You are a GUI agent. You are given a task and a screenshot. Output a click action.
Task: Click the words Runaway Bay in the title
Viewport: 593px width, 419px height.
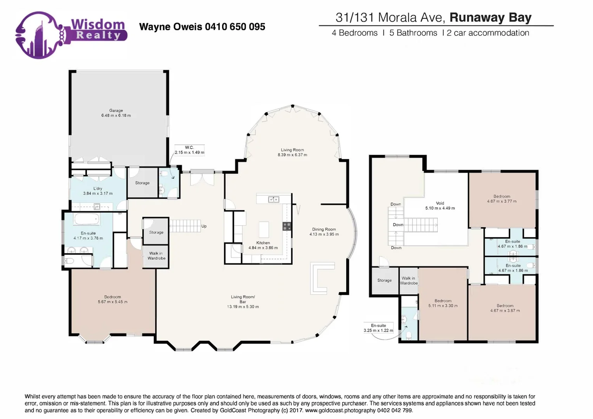490,17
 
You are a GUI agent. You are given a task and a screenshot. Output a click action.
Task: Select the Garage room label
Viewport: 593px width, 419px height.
116,111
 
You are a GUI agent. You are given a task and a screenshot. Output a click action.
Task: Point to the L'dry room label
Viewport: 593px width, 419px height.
98,189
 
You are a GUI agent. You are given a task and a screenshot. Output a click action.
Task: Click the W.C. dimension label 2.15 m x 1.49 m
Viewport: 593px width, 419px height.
189,152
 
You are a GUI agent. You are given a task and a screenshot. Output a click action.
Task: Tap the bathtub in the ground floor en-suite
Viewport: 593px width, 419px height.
87,220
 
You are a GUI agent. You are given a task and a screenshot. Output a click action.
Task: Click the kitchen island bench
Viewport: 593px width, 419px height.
264,229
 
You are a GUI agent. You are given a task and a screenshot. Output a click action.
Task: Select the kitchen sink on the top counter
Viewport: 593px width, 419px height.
274,199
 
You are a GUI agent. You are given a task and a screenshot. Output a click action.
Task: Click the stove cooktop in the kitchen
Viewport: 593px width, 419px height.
287,226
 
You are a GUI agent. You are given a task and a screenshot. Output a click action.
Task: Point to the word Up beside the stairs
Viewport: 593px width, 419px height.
204,226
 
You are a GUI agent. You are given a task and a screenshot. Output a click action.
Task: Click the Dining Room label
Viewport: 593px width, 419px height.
324,229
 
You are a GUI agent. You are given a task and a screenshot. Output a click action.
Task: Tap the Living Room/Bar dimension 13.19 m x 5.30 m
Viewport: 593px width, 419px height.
243,306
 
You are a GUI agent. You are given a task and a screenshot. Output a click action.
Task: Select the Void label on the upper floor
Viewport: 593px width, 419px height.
440,203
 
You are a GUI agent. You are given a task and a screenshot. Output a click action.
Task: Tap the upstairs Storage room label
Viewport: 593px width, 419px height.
384,280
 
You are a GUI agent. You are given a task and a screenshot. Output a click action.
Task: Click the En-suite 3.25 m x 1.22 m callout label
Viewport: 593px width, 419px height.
378,328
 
